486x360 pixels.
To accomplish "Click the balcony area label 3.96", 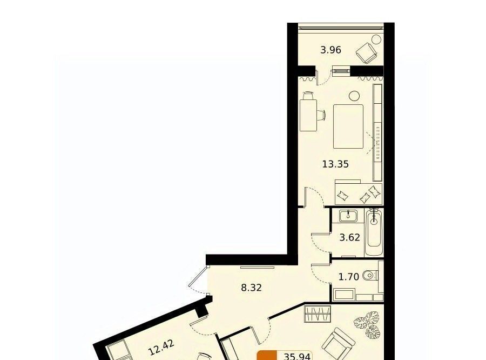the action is point(330,50).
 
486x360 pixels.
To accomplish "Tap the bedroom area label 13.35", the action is point(335,164).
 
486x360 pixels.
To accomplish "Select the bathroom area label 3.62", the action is point(349,238).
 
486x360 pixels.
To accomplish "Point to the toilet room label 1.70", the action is point(349,277).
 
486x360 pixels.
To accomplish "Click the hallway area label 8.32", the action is point(251,288).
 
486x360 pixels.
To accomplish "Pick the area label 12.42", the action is point(161,347).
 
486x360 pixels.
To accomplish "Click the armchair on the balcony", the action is point(366,54).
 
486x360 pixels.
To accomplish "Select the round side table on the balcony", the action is point(376,39).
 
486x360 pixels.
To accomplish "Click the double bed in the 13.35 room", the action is point(348,126).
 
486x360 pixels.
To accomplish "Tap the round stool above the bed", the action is point(354,96).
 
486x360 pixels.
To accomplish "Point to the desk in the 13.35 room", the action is point(308,115).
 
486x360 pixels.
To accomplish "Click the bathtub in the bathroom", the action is point(374,232).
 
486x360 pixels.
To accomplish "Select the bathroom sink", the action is point(348,216).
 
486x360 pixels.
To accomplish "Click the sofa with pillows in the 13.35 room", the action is point(359,192).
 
